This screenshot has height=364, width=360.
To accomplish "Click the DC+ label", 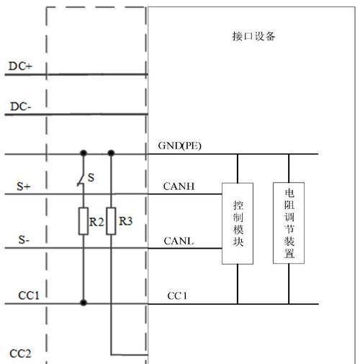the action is click(20, 66).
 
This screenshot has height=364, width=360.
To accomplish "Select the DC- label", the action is click(21, 107).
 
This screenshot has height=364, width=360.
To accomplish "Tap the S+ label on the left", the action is click(24, 186).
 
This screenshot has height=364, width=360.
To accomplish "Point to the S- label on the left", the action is click(24, 239).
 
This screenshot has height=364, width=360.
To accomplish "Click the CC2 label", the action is click(20, 353).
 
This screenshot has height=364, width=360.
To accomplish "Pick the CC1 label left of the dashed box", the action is click(29, 296).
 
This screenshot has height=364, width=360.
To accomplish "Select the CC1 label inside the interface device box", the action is click(177, 296).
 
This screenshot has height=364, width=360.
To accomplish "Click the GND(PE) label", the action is click(179, 146).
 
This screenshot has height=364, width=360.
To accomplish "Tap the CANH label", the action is click(179, 186).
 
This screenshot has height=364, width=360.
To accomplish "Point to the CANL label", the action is click(179, 241).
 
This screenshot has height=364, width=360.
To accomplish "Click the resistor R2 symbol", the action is click(84, 221).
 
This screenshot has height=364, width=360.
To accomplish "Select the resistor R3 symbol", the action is click(111, 221).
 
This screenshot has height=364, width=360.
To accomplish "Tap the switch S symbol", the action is click(81, 177).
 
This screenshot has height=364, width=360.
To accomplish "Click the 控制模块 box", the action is click(238, 223).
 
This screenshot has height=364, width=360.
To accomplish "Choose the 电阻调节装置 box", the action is click(289, 223).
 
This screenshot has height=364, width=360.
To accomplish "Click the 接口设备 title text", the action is click(253, 36).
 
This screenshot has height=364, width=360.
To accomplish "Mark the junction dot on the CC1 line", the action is click(84, 303).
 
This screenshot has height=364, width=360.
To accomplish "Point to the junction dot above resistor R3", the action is click(111, 153).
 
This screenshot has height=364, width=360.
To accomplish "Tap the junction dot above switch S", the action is click(84, 153).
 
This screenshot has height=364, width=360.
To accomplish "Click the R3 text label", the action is click(125, 221).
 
